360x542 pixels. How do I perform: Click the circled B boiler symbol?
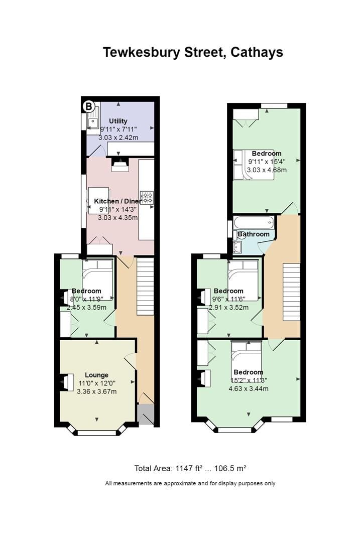(x=89, y=106)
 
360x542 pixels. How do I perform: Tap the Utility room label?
(x=118, y=121)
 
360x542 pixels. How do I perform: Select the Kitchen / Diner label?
(x=118, y=201)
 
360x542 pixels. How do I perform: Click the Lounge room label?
(x=96, y=375)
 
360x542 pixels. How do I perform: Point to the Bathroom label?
(x=254, y=234)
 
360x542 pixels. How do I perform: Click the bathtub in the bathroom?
(x=254, y=221)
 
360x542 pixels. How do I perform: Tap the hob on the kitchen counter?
(x=147, y=197)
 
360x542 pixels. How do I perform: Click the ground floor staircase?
(x=145, y=286)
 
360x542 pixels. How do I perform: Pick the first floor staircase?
(x=291, y=292)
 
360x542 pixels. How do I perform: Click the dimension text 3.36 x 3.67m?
(x=96, y=391)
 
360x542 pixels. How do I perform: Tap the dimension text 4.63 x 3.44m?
(x=248, y=388)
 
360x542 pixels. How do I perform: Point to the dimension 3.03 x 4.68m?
(x=267, y=170)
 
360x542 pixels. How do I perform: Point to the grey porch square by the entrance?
(x=145, y=415)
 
